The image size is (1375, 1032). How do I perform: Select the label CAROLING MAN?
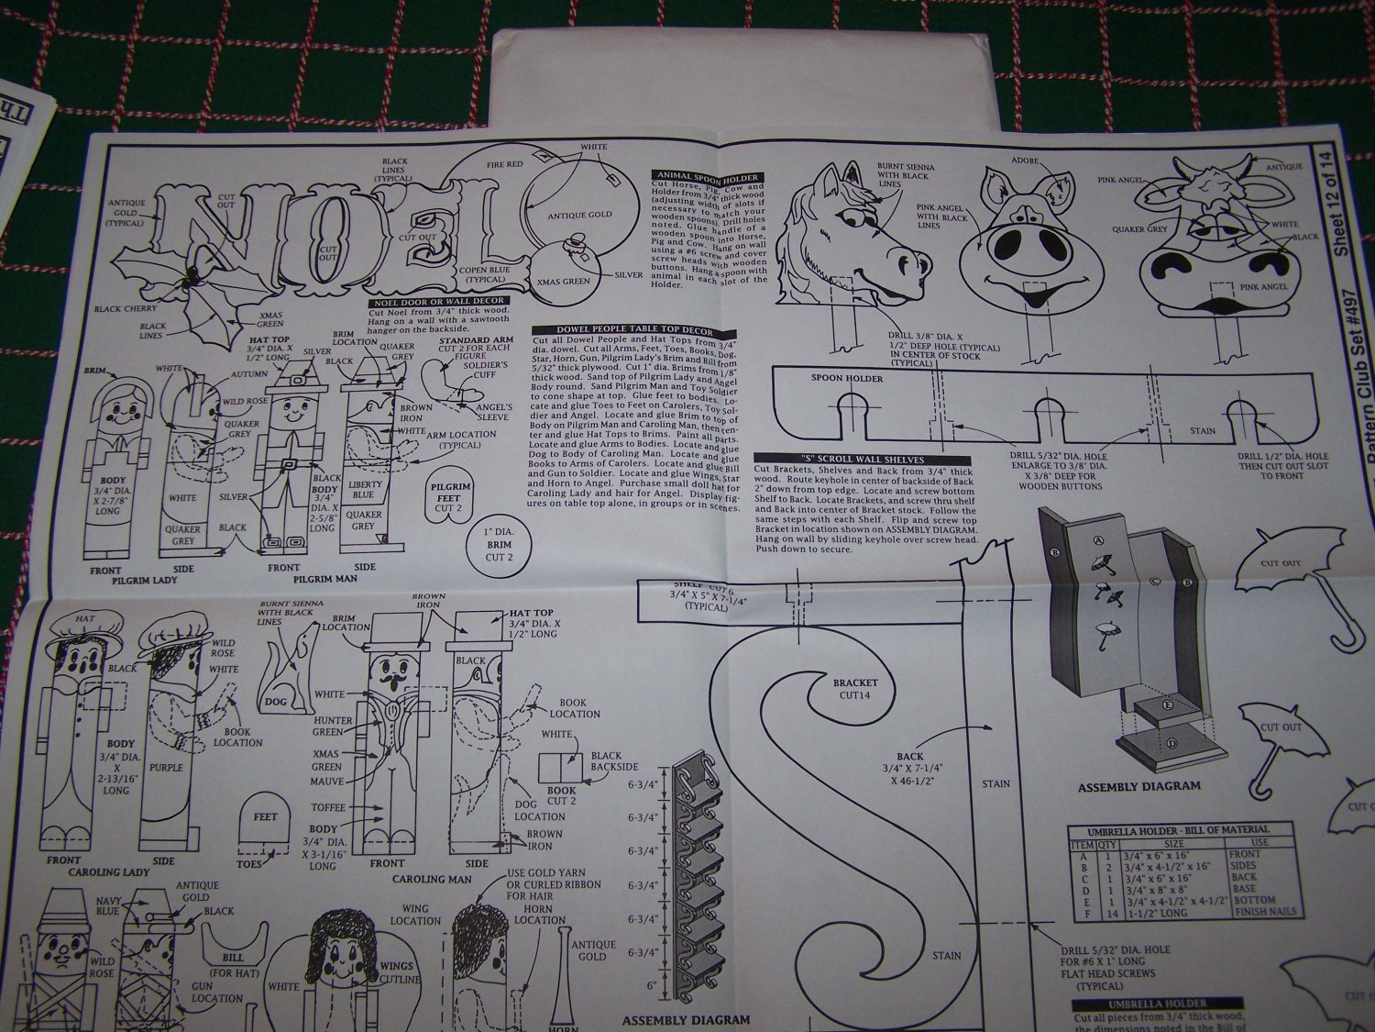coord(432,878)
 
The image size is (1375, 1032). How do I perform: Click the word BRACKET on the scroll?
coord(855,682)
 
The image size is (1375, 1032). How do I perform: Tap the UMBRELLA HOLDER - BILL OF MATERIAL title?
coord(1169,829)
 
